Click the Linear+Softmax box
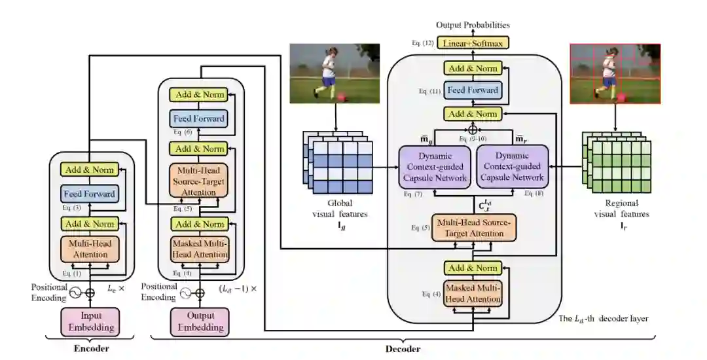click(x=473, y=43)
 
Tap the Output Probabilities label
click(x=473, y=26)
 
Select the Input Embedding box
click(x=90, y=321)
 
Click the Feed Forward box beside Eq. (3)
click(x=90, y=194)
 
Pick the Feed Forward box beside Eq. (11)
click(x=473, y=90)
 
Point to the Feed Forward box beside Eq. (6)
click(x=199, y=119)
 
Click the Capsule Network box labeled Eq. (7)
click(x=435, y=166)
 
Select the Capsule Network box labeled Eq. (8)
click(x=511, y=166)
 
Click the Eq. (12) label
click(x=423, y=43)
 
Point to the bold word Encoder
click(x=90, y=348)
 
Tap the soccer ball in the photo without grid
click(x=341, y=97)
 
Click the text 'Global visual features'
click(x=338, y=209)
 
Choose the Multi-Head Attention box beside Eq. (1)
click(x=90, y=249)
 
